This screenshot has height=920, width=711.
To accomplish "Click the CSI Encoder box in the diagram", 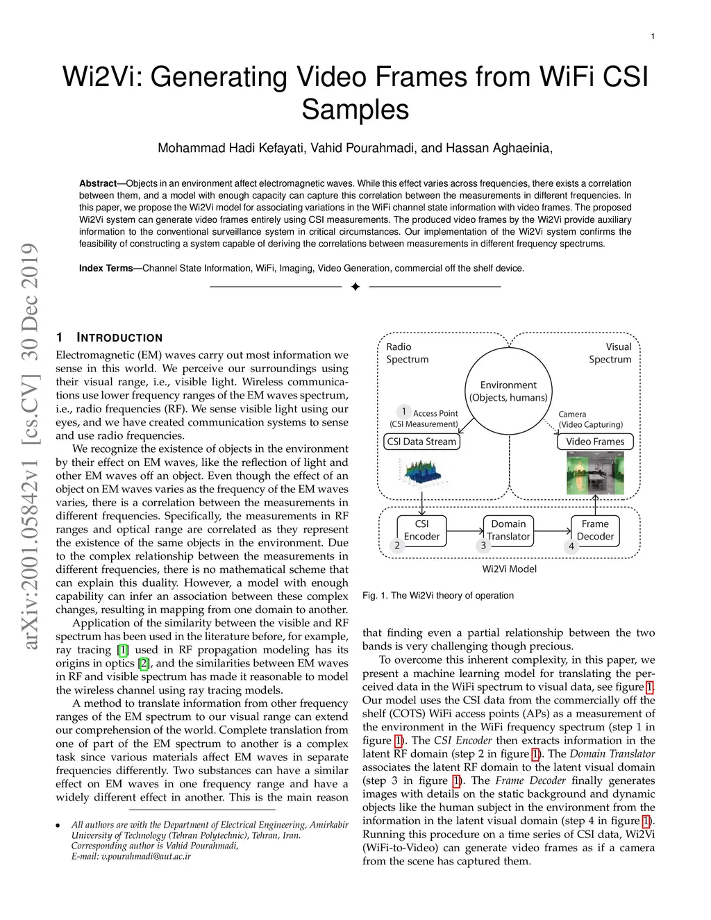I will [x=421, y=530].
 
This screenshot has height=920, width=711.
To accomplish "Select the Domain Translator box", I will [x=508, y=530].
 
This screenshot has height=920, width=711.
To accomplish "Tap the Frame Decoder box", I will [x=595, y=530].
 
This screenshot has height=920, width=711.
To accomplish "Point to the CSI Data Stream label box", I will [x=421, y=442].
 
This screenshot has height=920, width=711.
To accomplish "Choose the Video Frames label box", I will [x=594, y=442].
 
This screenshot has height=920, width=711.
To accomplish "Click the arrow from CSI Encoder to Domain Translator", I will [x=465, y=531].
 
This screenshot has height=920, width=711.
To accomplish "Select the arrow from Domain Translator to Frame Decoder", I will [x=552, y=531].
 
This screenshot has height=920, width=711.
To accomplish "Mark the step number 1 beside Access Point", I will [x=403, y=412].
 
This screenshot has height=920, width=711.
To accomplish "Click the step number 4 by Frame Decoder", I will [x=571, y=546].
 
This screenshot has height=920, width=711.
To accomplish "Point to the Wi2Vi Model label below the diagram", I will [x=509, y=569].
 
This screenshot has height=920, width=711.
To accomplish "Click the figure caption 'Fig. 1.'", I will [x=374, y=596].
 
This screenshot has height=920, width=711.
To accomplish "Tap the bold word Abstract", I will [x=97, y=184].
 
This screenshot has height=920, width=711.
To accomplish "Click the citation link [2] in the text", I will [x=144, y=663].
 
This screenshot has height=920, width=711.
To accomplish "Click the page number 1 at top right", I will [x=653, y=37].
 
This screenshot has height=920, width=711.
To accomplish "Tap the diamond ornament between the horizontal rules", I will [x=355, y=287].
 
